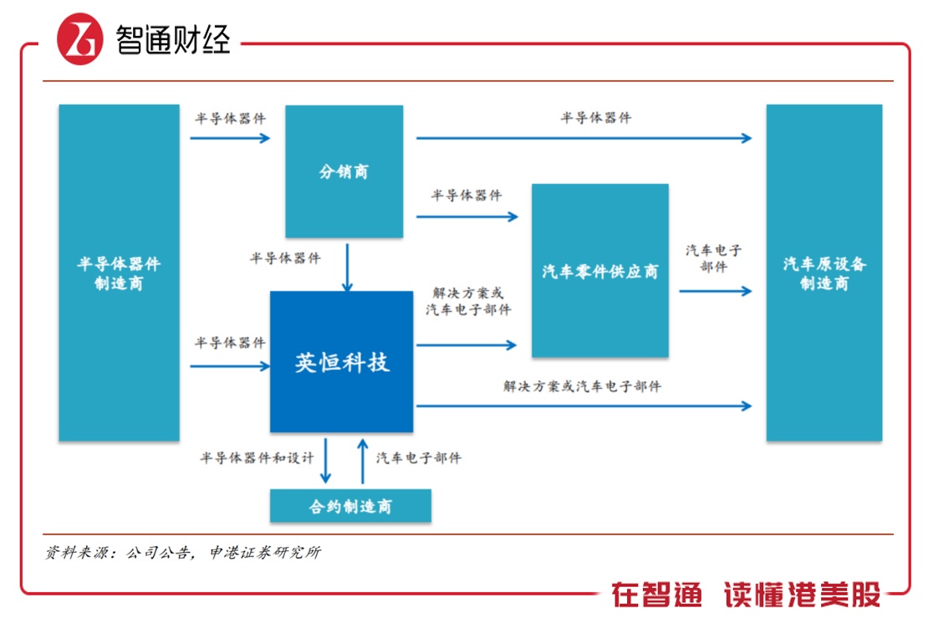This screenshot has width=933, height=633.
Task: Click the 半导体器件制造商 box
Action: pos(119,273)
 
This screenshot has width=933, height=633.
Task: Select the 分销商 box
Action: pos(344,171)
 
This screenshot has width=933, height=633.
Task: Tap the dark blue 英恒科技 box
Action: pos(341,362)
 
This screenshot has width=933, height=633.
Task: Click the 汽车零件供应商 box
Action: pos(599,270)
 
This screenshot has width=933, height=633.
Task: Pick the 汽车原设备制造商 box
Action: pos(823,273)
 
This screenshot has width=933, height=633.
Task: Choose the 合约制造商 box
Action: pos(350,506)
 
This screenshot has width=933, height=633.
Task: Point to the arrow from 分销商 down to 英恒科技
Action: pos(347,268)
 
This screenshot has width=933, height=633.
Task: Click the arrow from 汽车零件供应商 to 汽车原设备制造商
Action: pos(715,292)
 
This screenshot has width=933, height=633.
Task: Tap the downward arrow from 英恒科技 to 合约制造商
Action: pos(327,461)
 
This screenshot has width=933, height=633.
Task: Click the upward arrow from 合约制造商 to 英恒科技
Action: pos(363,461)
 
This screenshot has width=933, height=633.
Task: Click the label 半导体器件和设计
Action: pos(257,458)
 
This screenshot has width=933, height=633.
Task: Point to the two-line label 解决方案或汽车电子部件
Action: pos(468,302)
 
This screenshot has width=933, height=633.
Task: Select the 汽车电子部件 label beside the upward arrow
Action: pos(418,458)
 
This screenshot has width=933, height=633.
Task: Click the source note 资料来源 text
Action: pos(182,553)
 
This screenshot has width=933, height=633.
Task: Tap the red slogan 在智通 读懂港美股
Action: pos(745,595)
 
